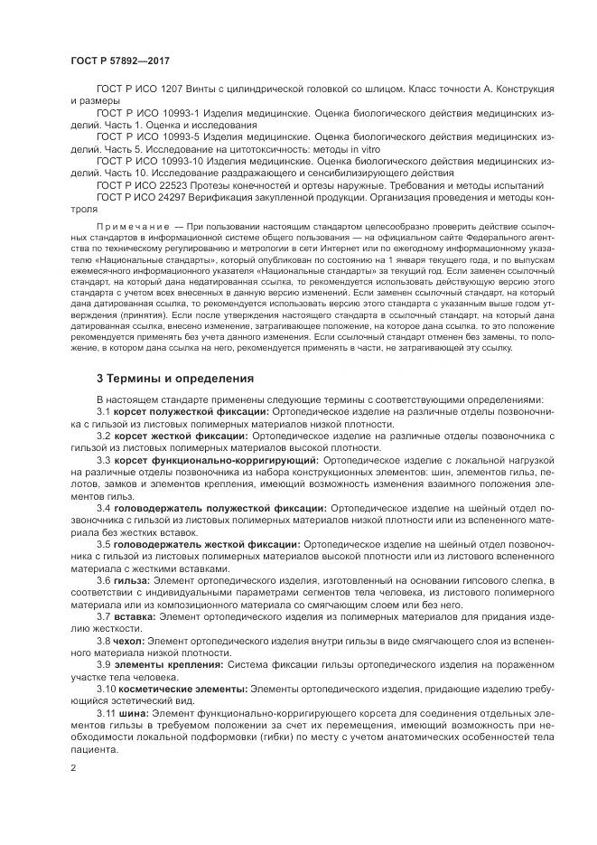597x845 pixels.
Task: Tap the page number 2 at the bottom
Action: click(73, 767)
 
